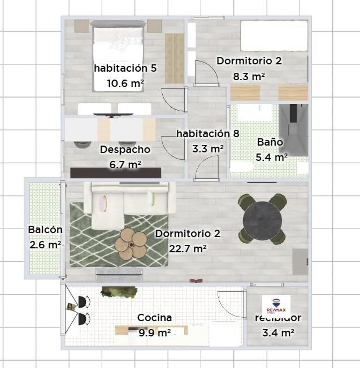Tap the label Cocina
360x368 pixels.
pyautogui.click(x=154, y=318)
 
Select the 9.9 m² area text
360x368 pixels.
pyautogui.click(x=154, y=333)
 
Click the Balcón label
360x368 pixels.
pyautogui.click(x=45, y=230)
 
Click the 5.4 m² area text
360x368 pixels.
pyautogui.click(x=272, y=157)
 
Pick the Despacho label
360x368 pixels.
pyautogui.click(x=125, y=150)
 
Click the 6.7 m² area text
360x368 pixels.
pyautogui.click(x=125, y=164)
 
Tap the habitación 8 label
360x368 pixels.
pyautogui.click(x=207, y=134)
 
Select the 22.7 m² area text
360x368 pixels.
pyautogui.click(x=188, y=248)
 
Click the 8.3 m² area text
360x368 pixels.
pyautogui.click(x=249, y=76)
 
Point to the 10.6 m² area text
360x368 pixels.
pyautogui.click(x=125, y=83)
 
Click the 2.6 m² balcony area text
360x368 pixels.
pyautogui.click(x=45, y=244)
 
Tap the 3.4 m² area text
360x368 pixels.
pyautogui.click(x=277, y=333)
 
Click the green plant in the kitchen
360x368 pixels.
pyautogui.click(x=119, y=292)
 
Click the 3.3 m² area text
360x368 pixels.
pyautogui.click(x=207, y=149)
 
